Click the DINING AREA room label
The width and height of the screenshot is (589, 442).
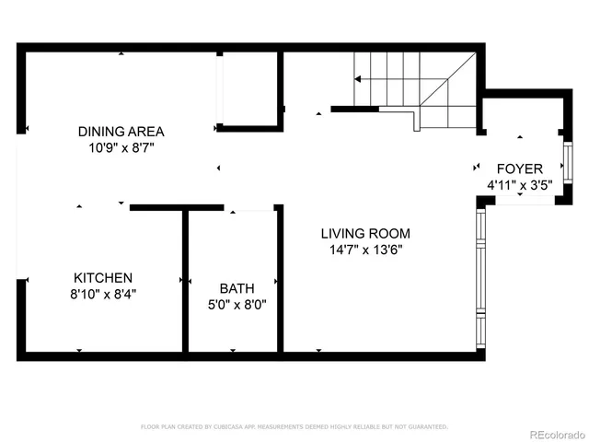pos(121,131)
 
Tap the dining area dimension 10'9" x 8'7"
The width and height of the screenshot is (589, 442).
pos(121,147)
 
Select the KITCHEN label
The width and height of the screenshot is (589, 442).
pos(103,277)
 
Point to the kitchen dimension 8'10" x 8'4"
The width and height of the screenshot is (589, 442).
pos(103,294)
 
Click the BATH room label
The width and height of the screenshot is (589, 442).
pos(235,287)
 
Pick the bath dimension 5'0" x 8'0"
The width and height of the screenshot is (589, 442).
pos(235,304)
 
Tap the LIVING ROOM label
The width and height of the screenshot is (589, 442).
pos(365,233)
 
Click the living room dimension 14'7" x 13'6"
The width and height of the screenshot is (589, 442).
pos(365,249)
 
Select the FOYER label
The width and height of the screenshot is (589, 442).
pos(519,169)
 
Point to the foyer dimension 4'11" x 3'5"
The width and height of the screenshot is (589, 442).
pos(519,185)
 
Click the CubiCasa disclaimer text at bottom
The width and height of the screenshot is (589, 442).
pos(294,426)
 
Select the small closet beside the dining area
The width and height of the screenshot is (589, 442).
pos(249,88)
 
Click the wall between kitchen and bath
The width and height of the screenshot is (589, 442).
pos(185,280)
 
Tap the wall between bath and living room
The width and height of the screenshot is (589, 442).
pos(280,280)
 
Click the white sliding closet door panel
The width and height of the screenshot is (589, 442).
pos(218,88)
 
